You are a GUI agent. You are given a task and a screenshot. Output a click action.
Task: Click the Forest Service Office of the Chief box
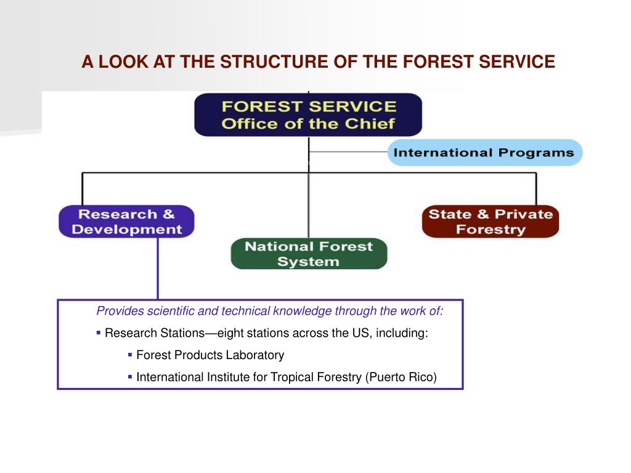[308, 114]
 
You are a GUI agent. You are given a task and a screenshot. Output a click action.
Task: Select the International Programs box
[484, 153]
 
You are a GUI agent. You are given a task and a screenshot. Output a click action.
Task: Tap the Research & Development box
[126, 222]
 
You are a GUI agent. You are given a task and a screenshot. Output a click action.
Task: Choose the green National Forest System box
[309, 254]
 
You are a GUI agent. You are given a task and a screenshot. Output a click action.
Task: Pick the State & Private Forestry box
[491, 222]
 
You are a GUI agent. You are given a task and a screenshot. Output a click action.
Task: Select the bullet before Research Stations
[99, 333]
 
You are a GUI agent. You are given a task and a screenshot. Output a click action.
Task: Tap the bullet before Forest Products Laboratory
[130, 355]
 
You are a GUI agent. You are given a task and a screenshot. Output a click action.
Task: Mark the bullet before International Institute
[130, 376]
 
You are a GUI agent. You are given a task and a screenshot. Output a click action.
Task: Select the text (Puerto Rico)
[401, 377]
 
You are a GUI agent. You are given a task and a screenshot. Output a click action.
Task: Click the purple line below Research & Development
[158, 268]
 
